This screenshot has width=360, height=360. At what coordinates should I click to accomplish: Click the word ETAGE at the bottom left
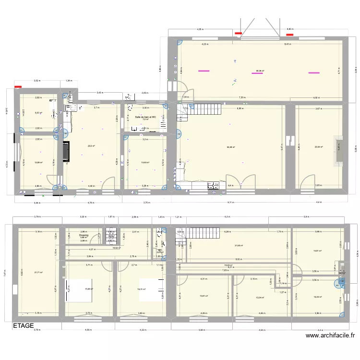point(24,326)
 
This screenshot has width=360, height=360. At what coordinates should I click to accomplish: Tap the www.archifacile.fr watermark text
point(330,336)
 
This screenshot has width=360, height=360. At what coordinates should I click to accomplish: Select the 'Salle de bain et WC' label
point(145,117)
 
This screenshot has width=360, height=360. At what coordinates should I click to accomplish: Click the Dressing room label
point(84,235)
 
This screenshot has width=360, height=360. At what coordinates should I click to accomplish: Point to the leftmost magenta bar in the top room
point(204,71)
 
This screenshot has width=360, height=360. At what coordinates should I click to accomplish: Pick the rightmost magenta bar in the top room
point(314,73)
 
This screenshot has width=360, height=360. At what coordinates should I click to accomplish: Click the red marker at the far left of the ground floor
point(18,87)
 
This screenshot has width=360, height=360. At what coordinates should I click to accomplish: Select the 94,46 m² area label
point(231,147)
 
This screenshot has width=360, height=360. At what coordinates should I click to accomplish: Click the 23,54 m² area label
point(318,147)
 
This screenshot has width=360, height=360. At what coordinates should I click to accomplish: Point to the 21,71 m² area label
point(38,273)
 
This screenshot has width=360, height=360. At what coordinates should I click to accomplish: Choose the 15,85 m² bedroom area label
point(88,289)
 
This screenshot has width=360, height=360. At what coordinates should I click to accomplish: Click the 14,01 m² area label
point(317,251)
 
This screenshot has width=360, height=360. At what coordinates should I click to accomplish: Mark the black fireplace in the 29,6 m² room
point(66,150)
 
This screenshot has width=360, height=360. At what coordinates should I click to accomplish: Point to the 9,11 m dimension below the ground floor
point(230,203)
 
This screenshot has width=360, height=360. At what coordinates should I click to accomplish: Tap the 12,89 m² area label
point(38,162)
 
